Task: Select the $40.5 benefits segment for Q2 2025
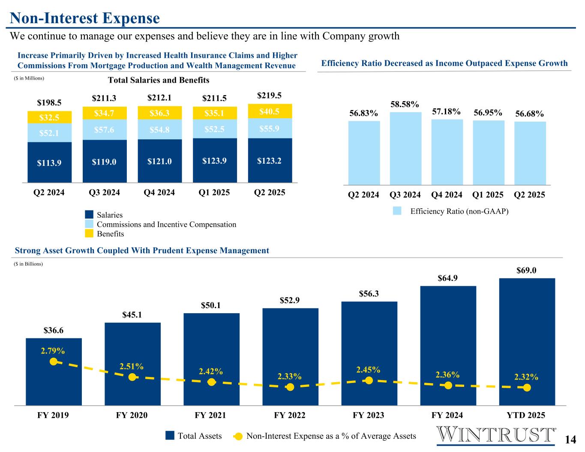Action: pyautogui.click(x=270, y=111)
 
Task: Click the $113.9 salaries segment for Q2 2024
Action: pyautogui.click(x=50, y=162)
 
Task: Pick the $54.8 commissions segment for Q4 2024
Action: pyautogui.click(x=160, y=129)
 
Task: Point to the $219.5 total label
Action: pyautogui.click(x=270, y=95)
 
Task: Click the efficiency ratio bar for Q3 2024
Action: pyautogui.click(x=405, y=148)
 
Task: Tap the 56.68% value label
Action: pyautogui.click(x=529, y=114)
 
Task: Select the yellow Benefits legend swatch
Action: pyautogui.click(x=89, y=233)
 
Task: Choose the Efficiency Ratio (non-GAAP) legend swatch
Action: pyautogui.click(x=397, y=210)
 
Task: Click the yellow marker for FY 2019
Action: pyautogui.click(x=54, y=362)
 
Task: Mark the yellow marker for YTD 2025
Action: pyautogui.click(x=527, y=388)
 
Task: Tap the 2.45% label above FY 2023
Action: pyautogui.click(x=368, y=369)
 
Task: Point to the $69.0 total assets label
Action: pyautogui.click(x=527, y=270)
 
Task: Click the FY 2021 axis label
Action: pyautogui.click(x=210, y=415)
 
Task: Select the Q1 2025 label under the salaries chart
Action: pyautogui.click(x=214, y=192)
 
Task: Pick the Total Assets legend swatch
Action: pyautogui.click(x=170, y=436)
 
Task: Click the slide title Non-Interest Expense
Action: pyautogui.click(x=85, y=18)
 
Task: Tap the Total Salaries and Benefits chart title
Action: pyautogui.click(x=159, y=80)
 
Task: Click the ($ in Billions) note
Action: pyautogui.click(x=29, y=264)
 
